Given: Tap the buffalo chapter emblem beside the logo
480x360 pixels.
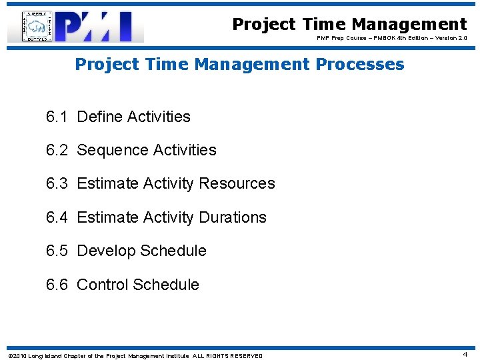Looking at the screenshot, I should pyautogui.click(x=39, y=27).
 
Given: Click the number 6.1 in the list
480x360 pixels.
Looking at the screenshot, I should pyautogui.click(x=57, y=117).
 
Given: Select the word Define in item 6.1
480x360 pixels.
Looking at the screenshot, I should pyautogui.click(x=99, y=117).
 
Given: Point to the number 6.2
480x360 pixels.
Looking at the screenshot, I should pyautogui.click(x=57, y=150).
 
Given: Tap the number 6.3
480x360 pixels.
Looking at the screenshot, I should pyautogui.click(x=57, y=183).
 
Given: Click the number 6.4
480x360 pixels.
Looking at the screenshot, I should pyautogui.click(x=57, y=217).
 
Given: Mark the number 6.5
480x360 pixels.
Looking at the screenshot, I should pyautogui.click(x=57, y=251).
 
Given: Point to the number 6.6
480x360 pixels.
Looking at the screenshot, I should pyautogui.click(x=57, y=285).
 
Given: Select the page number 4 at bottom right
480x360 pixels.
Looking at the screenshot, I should pyautogui.click(x=465, y=355).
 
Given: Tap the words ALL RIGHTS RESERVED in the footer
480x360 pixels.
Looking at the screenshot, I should pyautogui.click(x=227, y=356).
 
